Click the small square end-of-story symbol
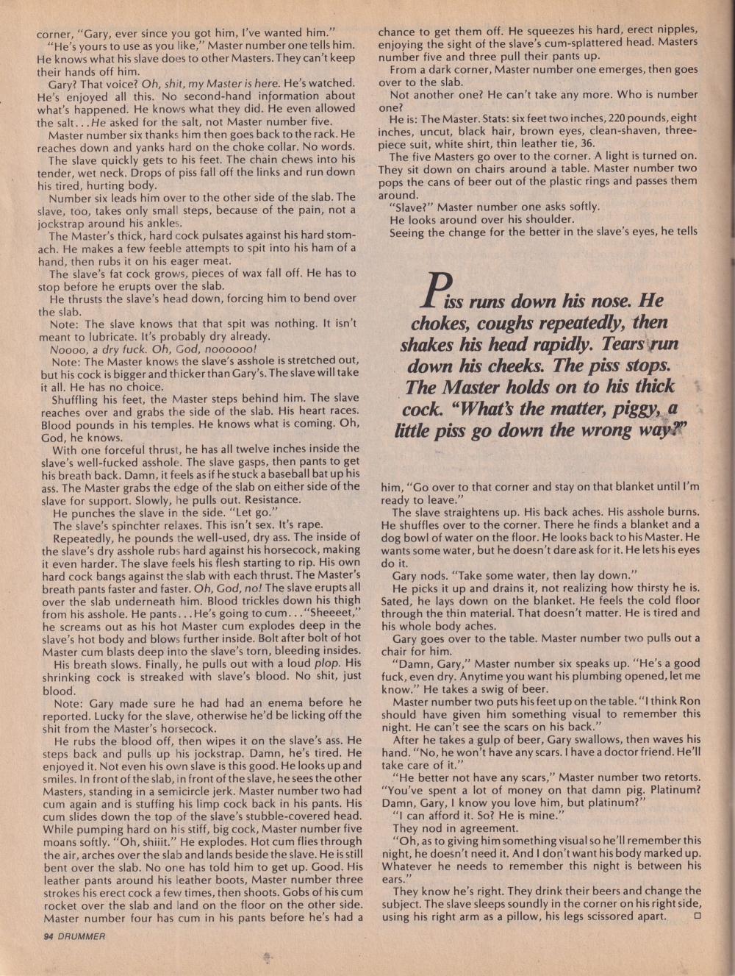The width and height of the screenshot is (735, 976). (696, 916)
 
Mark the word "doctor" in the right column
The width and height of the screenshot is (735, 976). (615, 752)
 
